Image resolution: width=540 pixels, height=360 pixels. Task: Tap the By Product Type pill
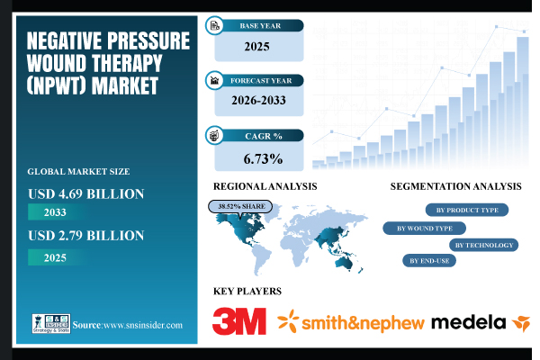coord(465,210)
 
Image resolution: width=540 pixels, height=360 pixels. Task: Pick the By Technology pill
coord(484,245)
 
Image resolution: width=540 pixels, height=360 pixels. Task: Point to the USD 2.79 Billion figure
coord(85,236)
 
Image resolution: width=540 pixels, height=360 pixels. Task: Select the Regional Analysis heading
coord(260,186)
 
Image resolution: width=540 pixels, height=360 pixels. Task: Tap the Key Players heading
coord(247,291)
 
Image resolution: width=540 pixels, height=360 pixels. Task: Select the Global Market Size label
coord(78,170)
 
